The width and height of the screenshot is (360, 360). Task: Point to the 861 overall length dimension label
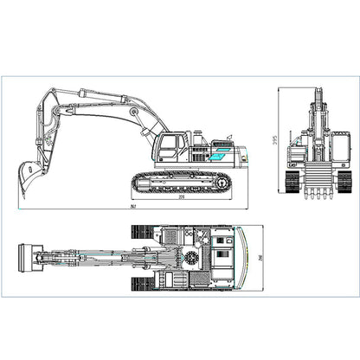(x=130, y=209)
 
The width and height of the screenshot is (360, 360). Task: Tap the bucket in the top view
(x=29, y=257)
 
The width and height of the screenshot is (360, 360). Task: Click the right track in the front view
(x=344, y=180)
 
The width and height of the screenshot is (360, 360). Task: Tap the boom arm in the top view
(x=95, y=257)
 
